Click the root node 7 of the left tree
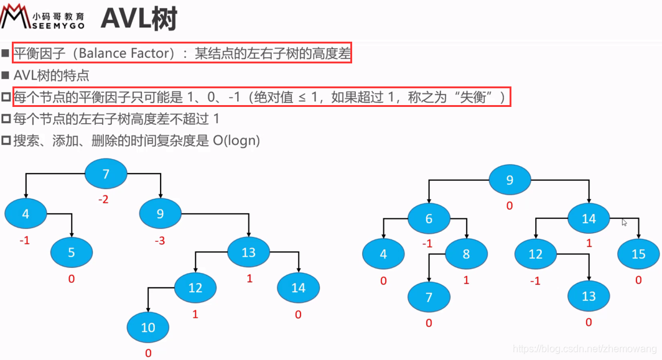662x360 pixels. pos(106,174)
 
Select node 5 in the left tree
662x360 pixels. pos(72,252)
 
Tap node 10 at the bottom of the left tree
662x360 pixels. pos(147,327)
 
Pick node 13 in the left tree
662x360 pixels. pos(248,252)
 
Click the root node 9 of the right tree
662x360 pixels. pos(510,180)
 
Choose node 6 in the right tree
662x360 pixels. pos(429,218)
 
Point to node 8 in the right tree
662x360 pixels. pos(467,254)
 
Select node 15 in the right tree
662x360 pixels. pos(638,254)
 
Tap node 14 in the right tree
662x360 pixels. pos(589,218)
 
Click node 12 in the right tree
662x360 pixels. pos(536,254)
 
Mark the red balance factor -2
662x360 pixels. pos(104,200)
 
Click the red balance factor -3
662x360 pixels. pos(159,240)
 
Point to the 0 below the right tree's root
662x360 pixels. pos(509,206)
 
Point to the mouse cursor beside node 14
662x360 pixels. pos(624,221)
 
